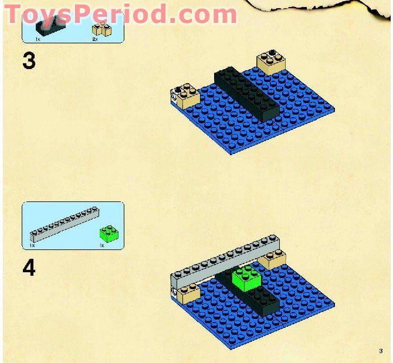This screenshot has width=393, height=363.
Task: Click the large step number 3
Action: point(29,60)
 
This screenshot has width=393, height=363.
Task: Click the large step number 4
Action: point(29,268)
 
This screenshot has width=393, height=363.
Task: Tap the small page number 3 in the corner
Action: point(381,351)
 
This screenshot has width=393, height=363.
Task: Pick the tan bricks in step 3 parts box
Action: point(101,30)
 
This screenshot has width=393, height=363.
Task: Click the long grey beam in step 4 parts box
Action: point(65,224)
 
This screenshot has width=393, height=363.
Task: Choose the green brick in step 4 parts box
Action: point(109,234)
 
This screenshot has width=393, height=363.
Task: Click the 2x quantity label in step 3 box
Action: point(95,39)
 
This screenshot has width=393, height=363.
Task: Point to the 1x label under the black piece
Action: point(38,39)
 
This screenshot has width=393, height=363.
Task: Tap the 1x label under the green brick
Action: point(101,245)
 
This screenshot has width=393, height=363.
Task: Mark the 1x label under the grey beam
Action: point(32,245)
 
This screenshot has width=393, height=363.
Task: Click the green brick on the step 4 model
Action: point(246,278)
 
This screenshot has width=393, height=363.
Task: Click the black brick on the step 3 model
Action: point(246,94)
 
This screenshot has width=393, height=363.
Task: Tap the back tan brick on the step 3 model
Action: point(271,62)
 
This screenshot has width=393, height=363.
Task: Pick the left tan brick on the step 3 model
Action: point(185,96)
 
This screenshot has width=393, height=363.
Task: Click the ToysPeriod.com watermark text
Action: point(120,14)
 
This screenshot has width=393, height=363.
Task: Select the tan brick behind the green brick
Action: point(272,259)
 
